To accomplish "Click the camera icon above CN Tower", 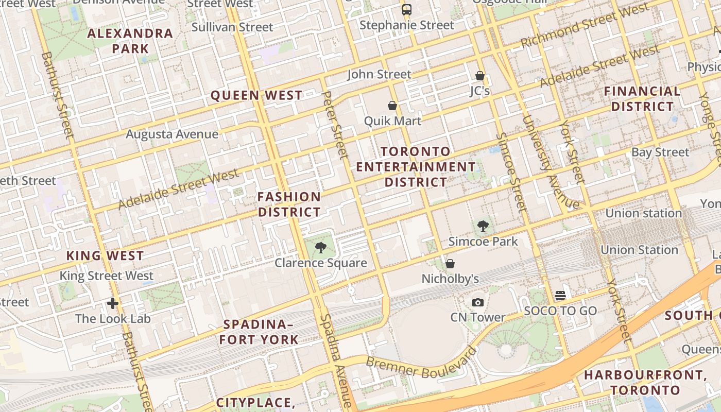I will (478, 302).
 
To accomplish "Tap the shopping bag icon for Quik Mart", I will (392, 106).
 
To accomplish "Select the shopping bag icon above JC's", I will (480, 76).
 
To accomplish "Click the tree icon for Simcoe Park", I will (483, 226).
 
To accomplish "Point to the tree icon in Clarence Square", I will (320, 248).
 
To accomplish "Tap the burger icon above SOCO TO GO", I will (560, 296).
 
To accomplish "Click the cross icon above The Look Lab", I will (113, 303).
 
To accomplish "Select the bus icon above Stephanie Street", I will (407, 9).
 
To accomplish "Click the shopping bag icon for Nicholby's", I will (450, 264).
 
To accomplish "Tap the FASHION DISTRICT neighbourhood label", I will (289, 204).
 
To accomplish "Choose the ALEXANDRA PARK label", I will (130, 41).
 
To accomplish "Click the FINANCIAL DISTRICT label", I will (642, 99).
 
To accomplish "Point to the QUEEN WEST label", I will (256, 95).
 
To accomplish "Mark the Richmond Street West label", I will (585, 26).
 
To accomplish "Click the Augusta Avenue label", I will (172, 134).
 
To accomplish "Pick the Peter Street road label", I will (335, 125).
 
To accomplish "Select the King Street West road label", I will (106, 276).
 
